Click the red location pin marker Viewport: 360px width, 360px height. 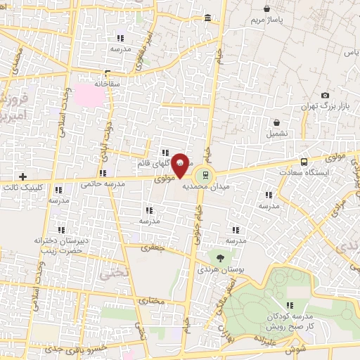coord(181,165)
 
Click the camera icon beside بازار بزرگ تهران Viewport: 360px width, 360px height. coord(325,96)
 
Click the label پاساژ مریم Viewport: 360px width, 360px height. coord(269,19)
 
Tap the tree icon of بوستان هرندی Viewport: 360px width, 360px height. coord(220,257)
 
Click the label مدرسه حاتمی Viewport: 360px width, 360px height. coord(103,184)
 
